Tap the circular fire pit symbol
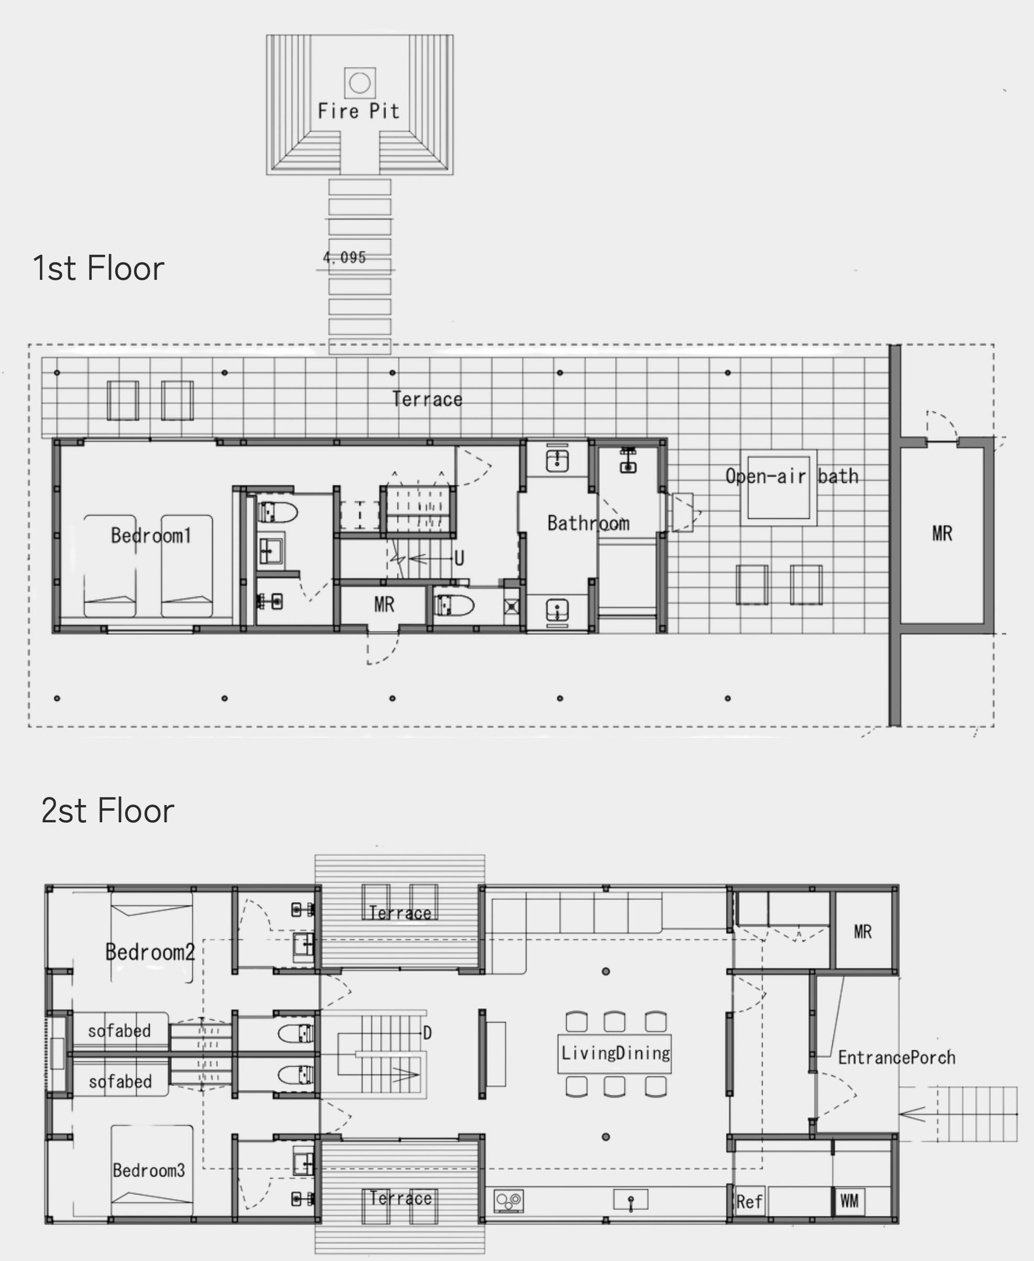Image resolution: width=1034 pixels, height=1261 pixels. [x=360, y=83]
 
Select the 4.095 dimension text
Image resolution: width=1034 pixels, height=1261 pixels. [x=344, y=257]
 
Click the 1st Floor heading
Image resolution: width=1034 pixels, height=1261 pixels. [x=98, y=268]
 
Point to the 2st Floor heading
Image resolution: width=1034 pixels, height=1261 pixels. [x=107, y=810]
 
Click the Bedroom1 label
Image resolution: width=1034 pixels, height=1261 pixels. [x=151, y=535]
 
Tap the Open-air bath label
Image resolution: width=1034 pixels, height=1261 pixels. [x=791, y=476]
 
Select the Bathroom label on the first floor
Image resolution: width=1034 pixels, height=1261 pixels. [x=588, y=523]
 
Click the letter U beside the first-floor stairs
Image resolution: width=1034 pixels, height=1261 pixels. [x=459, y=558]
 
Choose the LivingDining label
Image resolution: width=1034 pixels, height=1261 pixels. [x=615, y=1053]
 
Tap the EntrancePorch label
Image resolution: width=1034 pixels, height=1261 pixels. [x=896, y=1058]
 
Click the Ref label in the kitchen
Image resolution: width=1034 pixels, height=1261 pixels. [x=749, y=1202]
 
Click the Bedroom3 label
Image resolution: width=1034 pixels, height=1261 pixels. [x=149, y=1170]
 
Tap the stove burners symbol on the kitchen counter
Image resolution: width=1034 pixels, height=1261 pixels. [x=509, y=1201]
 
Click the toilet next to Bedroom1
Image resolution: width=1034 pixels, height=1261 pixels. [x=278, y=513]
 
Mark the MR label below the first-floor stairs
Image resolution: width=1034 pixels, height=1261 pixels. [x=384, y=605]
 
